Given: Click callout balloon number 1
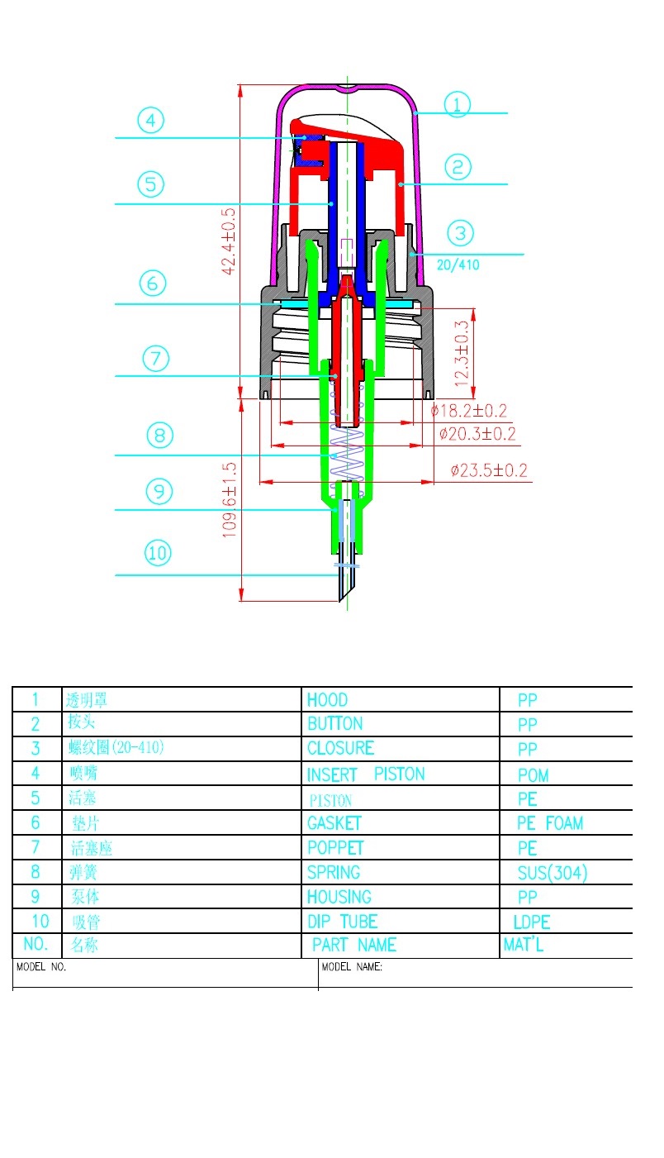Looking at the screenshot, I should [x=457, y=105].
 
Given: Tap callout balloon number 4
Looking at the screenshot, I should [x=150, y=122].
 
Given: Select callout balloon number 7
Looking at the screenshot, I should [x=155, y=359].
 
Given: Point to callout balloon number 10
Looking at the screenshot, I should [x=157, y=552].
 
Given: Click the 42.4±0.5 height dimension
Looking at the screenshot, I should [x=229, y=241].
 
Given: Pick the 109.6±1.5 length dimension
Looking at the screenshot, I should [x=230, y=499].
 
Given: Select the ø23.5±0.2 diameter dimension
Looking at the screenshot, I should [x=489, y=471].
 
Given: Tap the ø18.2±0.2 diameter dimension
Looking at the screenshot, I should [x=468, y=411].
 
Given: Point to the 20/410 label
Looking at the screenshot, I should [x=458, y=265].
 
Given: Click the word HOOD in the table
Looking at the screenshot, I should [x=327, y=700].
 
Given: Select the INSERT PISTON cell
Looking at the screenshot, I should [x=366, y=774].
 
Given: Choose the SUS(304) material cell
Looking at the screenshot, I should [x=553, y=873].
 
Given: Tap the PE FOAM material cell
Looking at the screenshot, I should [x=549, y=823].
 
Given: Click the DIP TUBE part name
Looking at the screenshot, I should [x=342, y=922].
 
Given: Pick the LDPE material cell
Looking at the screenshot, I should [x=532, y=922].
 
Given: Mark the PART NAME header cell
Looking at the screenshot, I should [x=354, y=945].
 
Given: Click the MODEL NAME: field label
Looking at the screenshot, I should [x=352, y=966].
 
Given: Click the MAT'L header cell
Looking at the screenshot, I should [x=524, y=945].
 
